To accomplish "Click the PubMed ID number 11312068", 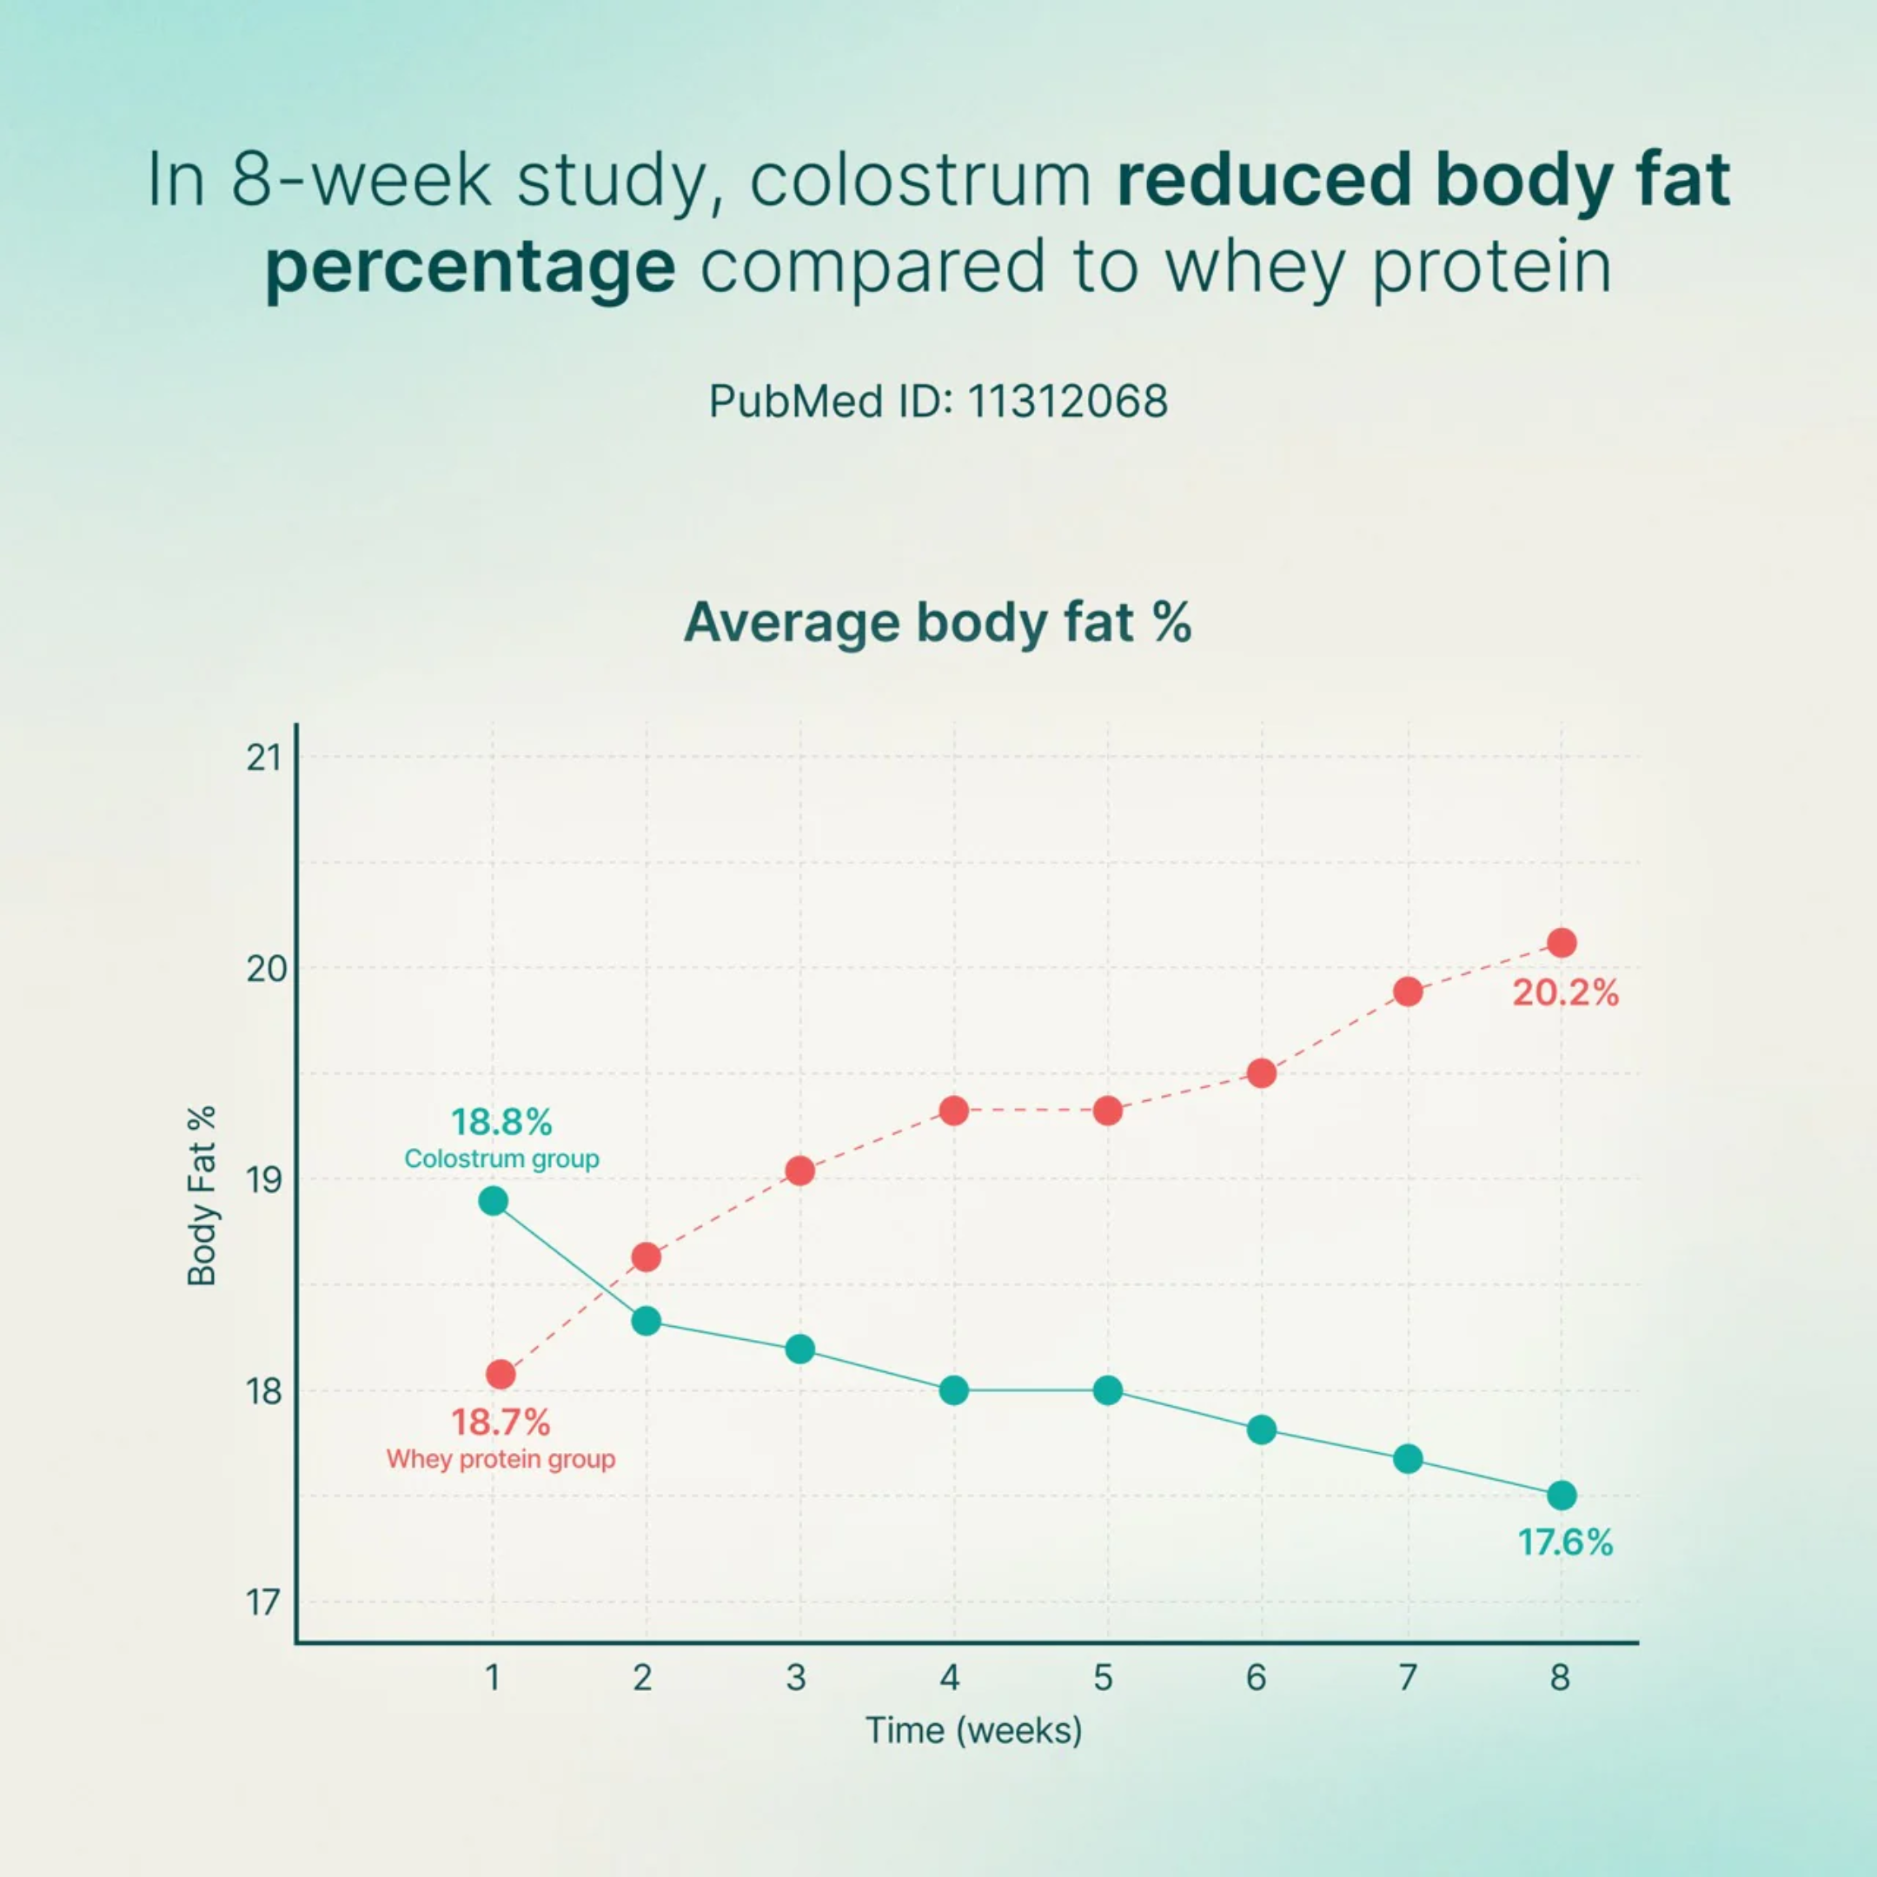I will [1068, 401].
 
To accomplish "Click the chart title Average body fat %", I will [938, 622].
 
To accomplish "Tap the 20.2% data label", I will [1565, 993].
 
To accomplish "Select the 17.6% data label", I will [1565, 1542].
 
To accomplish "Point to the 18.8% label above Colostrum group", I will [501, 1122].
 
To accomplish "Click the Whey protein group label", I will [501, 1458].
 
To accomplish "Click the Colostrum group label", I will [501, 1159].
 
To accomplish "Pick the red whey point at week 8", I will [1562, 942].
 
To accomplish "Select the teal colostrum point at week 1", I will [494, 1202].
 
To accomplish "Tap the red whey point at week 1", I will [501, 1374].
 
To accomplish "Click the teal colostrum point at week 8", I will [1562, 1496].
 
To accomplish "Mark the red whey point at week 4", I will [954, 1111].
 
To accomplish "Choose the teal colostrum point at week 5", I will [1108, 1390].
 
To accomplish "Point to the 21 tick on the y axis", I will [262, 758].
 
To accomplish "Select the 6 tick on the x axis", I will [1257, 1678].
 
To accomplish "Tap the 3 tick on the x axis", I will [797, 1678].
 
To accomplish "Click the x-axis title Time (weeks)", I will [973, 1730].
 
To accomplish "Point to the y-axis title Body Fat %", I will [201, 1196].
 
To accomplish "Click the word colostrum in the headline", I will [921, 181].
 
